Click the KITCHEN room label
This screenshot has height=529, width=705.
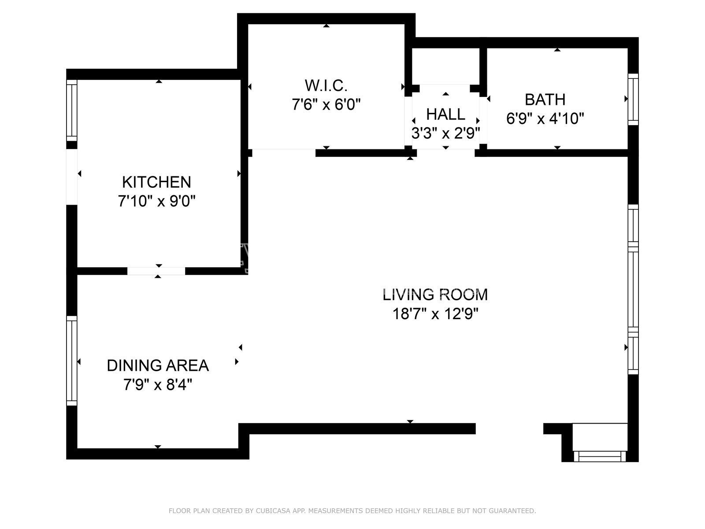[x=156, y=182]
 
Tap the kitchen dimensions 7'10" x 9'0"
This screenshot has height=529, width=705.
[x=157, y=201]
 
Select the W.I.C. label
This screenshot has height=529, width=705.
[x=326, y=86]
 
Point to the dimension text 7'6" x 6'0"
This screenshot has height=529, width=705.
[x=326, y=104]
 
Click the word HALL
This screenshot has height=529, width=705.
[x=445, y=114]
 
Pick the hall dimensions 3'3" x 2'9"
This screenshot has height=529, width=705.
[x=445, y=133]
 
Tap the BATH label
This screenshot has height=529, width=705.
[x=545, y=100]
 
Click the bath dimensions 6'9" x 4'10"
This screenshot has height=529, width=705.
[x=545, y=119]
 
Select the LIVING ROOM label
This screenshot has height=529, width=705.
[x=435, y=295]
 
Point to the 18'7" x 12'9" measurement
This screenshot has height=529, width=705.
[x=435, y=314]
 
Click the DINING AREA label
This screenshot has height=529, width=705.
[x=158, y=365]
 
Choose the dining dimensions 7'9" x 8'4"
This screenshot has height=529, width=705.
[x=158, y=384]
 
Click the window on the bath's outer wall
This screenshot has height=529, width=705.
[x=633, y=99]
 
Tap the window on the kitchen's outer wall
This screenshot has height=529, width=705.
[x=72, y=111]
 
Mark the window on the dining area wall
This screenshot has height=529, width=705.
[x=72, y=361]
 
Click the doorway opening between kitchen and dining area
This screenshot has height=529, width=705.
[x=156, y=271]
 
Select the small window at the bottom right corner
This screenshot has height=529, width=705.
[x=600, y=456]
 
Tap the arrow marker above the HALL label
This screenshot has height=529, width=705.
[x=445, y=94]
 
